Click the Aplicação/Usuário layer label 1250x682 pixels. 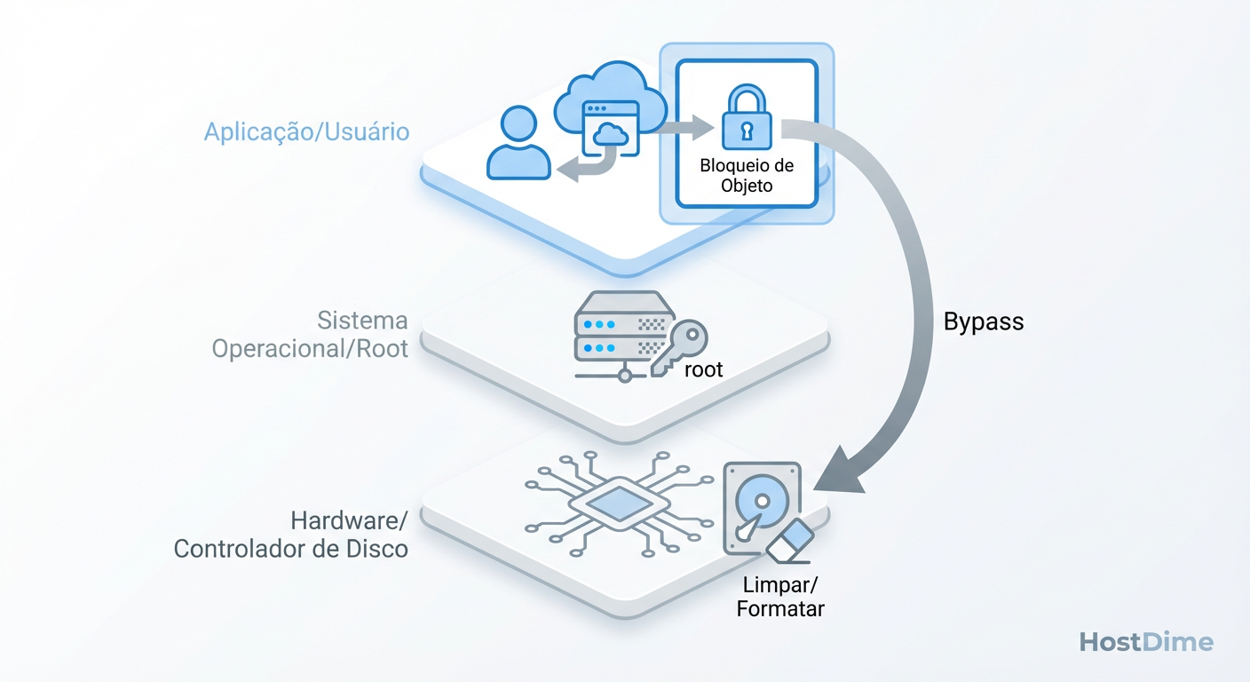(x=306, y=132)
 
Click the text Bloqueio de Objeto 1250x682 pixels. (x=747, y=175)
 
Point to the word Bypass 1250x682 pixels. (x=984, y=321)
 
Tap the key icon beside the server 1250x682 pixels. (x=679, y=347)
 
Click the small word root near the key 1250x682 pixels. (x=703, y=369)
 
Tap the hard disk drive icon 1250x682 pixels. (x=760, y=506)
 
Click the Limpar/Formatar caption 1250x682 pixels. (x=780, y=597)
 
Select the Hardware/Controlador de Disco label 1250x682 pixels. (x=291, y=535)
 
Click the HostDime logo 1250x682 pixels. (x=1145, y=642)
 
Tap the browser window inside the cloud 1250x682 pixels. (x=610, y=130)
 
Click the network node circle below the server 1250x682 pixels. (x=624, y=376)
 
